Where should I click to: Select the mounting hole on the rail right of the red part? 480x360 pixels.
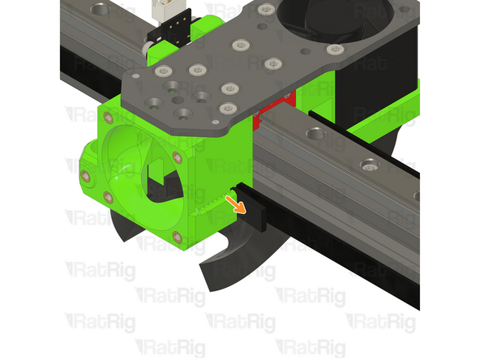click(312, 132)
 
